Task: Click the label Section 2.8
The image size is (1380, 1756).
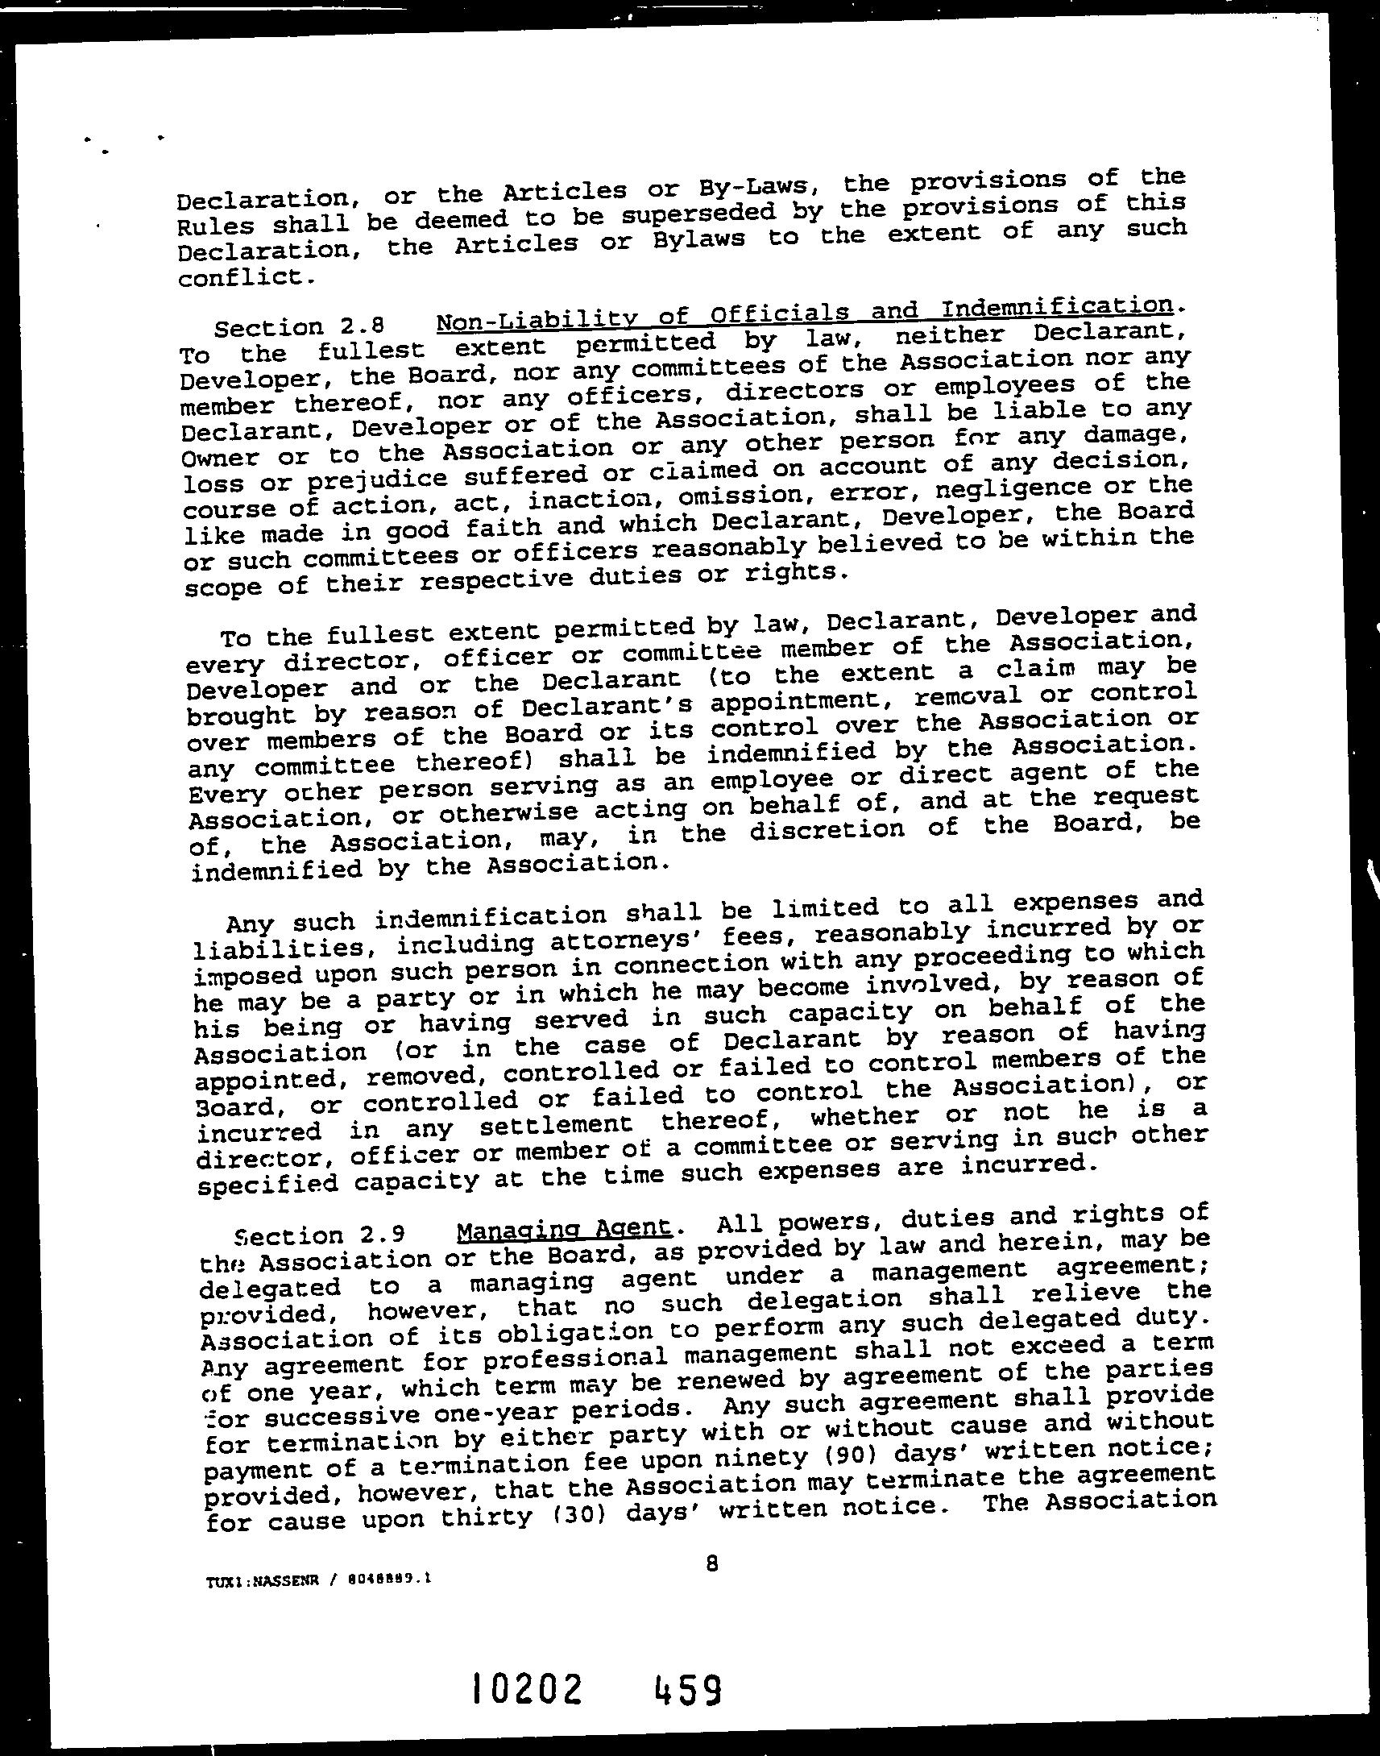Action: pos(296,327)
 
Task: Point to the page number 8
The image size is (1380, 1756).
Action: pos(711,1563)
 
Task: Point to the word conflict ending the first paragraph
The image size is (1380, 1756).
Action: pos(241,278)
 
